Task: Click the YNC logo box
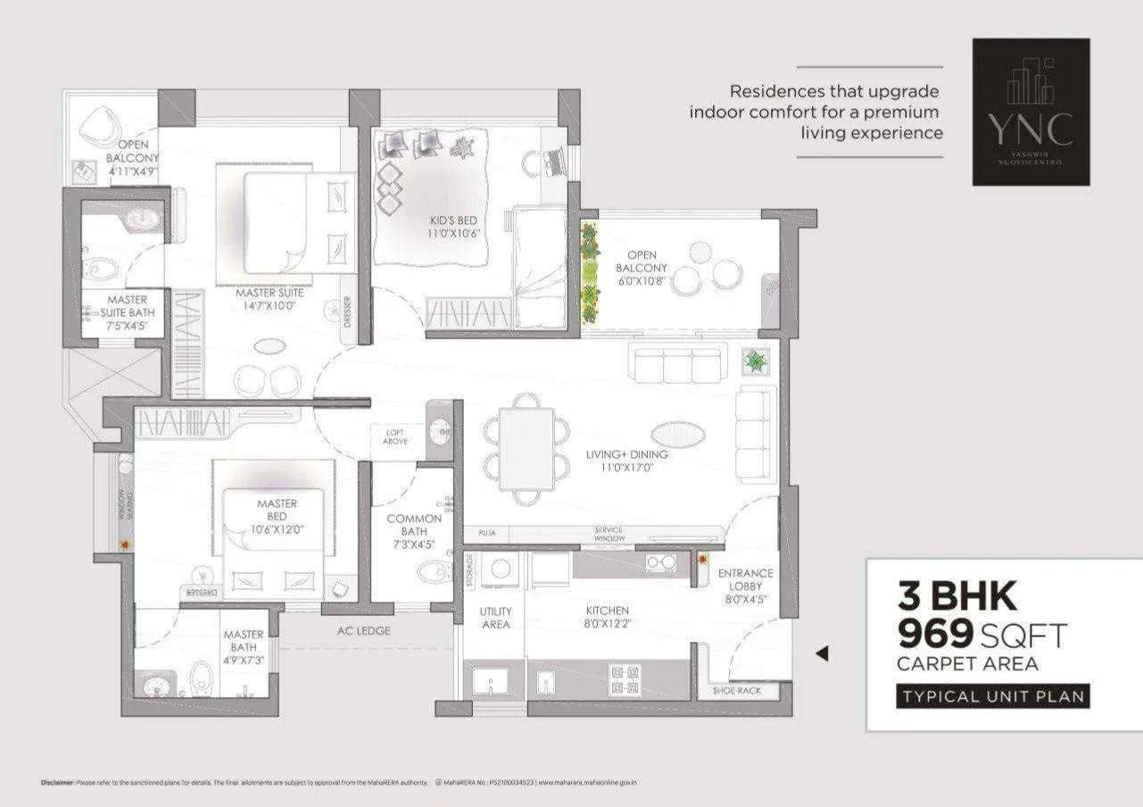1031,112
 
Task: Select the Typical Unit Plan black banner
993,696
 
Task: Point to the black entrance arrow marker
822,653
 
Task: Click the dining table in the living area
526,448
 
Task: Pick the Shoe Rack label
736,691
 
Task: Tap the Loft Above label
394,437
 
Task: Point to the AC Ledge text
363,631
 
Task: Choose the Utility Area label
495,618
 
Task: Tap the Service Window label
609,535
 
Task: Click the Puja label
486,533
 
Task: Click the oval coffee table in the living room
678,435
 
